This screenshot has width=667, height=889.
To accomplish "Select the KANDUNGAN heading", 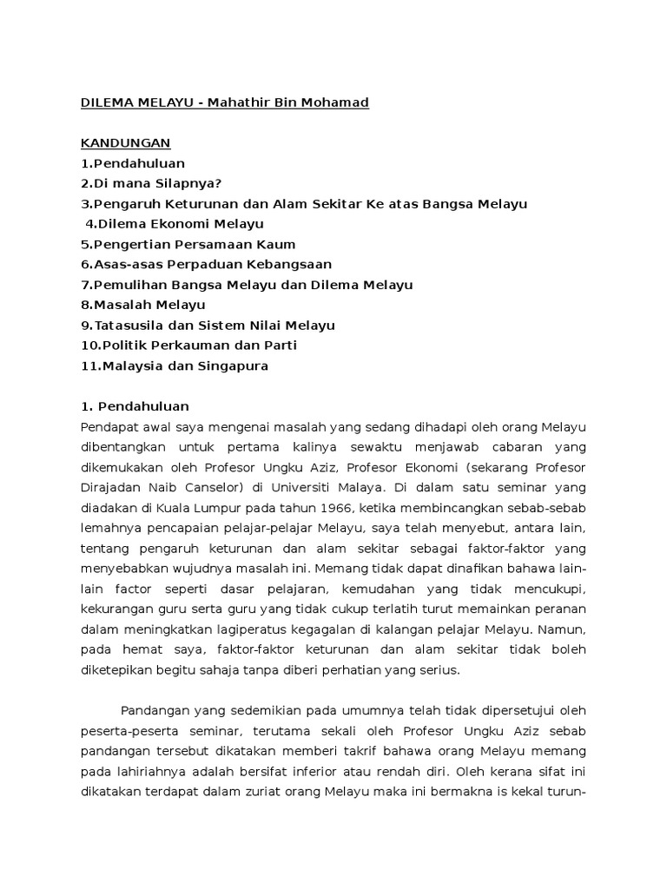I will point(126,142).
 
